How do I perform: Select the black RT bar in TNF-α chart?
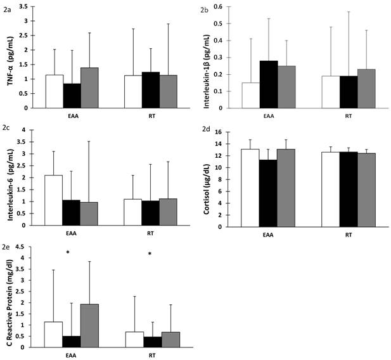pos(151,89)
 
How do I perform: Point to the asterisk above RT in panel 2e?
pos(150,255)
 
